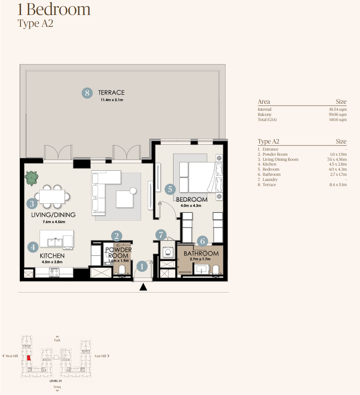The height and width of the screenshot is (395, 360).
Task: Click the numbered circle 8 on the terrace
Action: coord(87,93)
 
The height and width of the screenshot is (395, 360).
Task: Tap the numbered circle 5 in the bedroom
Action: coord(170,189)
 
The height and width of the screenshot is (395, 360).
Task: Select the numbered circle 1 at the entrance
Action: coord(142,266)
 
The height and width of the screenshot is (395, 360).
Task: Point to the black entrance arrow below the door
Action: coord(144,287)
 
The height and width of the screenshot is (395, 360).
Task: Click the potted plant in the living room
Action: coord(32,178)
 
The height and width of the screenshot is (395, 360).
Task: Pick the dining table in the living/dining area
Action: coord(52,196)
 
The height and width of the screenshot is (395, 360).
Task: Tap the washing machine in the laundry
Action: coord(168,252)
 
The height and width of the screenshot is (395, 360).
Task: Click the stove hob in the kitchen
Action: coord(54,272)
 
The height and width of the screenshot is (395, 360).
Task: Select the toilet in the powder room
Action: coord(121,270)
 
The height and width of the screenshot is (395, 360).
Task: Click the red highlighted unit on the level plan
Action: coord(29,358)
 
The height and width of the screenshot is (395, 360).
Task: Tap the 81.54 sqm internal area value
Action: coord(338,109)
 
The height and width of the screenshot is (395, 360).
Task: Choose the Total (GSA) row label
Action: coord(267,120)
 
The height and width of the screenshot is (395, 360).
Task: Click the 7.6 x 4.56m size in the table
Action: coord(337,160)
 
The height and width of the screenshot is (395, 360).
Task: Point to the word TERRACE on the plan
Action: coord(111,93)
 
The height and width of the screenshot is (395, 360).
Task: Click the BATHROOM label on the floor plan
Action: coord(201,253)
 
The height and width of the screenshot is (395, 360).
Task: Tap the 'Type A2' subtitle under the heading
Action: coord(35,23)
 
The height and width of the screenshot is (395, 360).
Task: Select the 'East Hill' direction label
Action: coord(100,356)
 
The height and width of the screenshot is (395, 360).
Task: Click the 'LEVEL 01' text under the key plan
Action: coord(56,381)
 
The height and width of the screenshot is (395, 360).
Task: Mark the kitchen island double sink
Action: coord(55,242)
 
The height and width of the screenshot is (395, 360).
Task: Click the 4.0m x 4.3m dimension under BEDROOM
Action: coord(191,205)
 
